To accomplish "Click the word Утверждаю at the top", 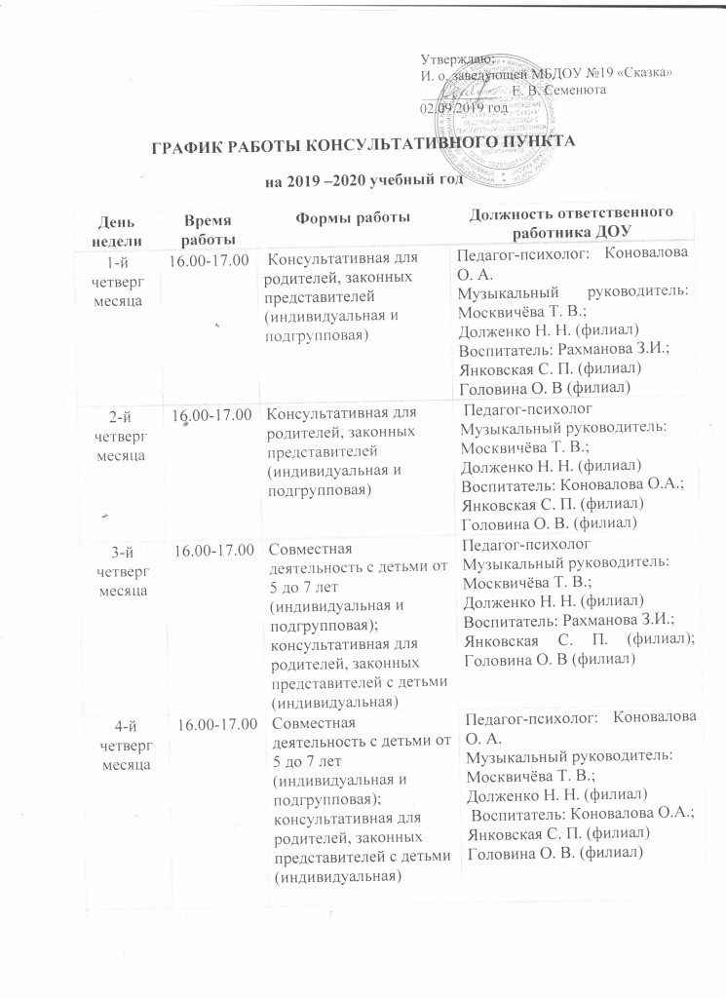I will click(x=455, y=60).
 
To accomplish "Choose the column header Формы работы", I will click(x=352, y=216).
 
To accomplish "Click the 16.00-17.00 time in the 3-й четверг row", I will click(x=214, y=552).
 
